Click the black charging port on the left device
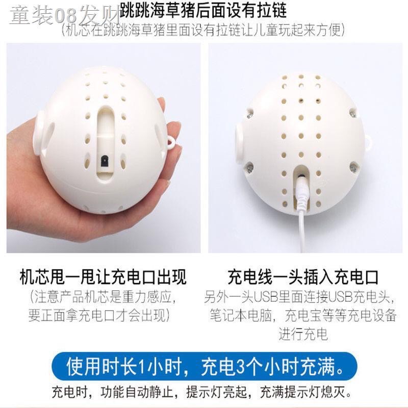coord(105,162)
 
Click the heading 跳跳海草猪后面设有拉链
coord(203,10)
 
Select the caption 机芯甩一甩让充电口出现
coord(103,277)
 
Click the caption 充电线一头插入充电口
coord(303,277)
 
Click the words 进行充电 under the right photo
coord(303,334)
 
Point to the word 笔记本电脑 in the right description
coord(241,315)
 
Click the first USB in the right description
coord(265,297)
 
